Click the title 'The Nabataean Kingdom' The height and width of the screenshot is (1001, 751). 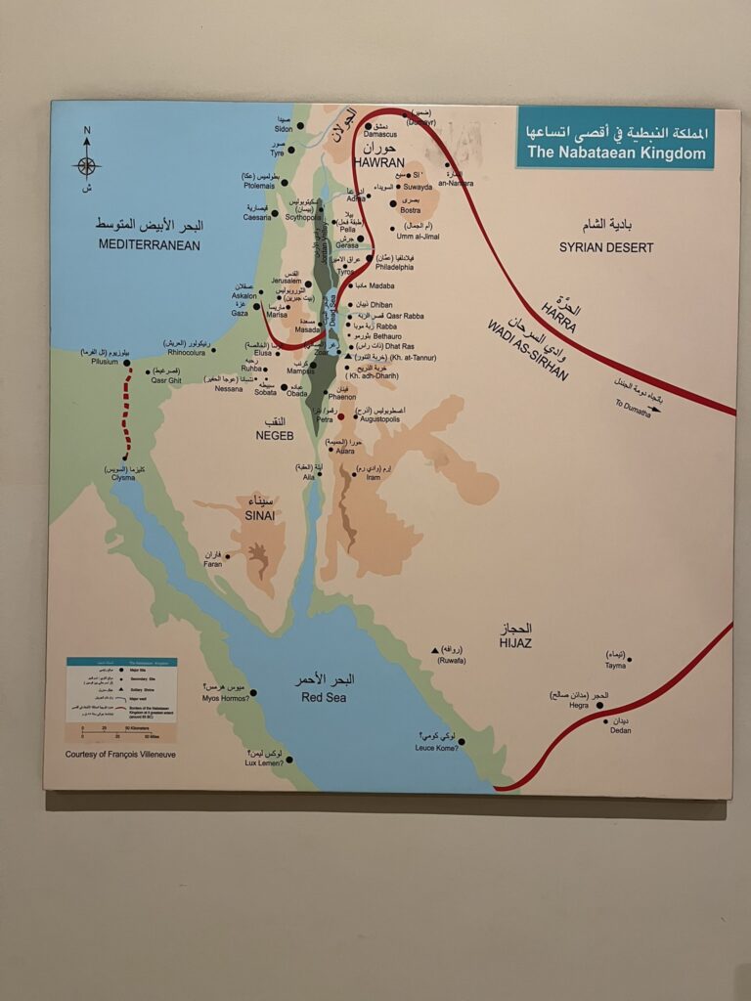click(x=616, y=152)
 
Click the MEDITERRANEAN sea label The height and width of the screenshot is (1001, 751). click(x=149, y=244)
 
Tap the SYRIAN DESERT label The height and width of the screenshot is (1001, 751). click(x=606, y=247)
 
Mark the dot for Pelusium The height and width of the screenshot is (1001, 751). click(x=127, y=363)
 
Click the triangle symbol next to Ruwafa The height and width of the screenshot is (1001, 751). click(x=434, y=650)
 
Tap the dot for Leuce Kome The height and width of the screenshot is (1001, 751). click(x=461, y=741)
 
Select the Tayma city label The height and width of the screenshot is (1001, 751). click(x=615, y=666)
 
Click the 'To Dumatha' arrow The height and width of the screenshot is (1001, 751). click(x=650, y=408)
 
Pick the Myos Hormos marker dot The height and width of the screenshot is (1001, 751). click(x=253, y=692)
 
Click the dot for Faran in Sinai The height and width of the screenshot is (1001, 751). click(x=228, y=556)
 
